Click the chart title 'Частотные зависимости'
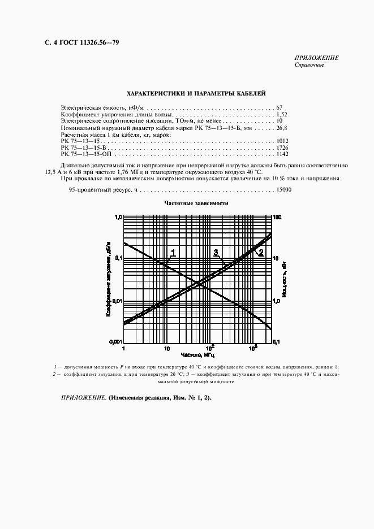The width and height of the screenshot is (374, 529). (x=196, y=203)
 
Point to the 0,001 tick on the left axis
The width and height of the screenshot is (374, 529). (x=115, y=342)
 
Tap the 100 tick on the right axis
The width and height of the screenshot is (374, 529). (x=277, y=217)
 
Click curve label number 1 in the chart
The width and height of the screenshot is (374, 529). (x=174, y=253)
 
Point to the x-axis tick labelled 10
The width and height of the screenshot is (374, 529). (x=166, y=349)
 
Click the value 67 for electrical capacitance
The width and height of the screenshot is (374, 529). (x=280, y=107)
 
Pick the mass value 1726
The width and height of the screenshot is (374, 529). (x=283, y=148)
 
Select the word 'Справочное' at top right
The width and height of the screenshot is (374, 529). (x=309, y=64)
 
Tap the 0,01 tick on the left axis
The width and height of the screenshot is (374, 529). (x=117, y=300)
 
